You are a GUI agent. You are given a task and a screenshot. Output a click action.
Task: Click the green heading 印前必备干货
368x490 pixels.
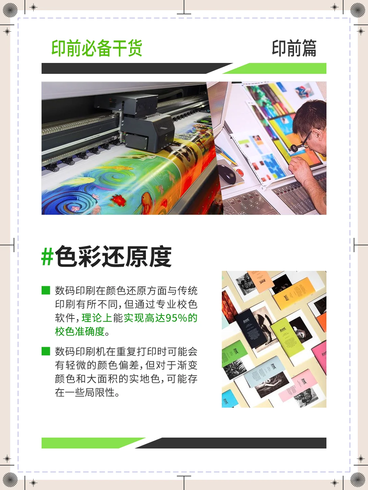click(97, 48)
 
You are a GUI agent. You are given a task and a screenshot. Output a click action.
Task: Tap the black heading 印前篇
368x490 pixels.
click(294, 48)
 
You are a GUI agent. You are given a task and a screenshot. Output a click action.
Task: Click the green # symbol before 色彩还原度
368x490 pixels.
click(47, 257)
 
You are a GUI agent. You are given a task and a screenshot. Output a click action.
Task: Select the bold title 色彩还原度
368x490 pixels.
click(113, 257)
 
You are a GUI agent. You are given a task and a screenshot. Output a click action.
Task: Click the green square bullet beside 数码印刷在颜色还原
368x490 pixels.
click(46, 290)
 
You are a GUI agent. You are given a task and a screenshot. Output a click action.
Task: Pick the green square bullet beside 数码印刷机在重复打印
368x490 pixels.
click(46, 351)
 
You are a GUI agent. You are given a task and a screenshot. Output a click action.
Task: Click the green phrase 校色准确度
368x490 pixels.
click(80, 331)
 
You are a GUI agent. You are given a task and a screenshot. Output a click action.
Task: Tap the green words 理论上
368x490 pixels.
click(97, 318)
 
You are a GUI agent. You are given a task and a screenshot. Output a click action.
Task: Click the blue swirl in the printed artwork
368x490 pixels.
click(73, 204)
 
